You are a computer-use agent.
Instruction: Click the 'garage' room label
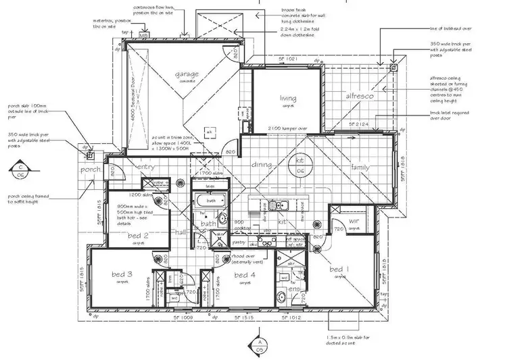[x=186, y=74]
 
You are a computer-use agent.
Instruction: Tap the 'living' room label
[x=289, y=99]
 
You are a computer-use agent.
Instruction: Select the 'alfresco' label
[x=360, y=97]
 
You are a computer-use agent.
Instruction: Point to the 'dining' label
[x=262, y=164]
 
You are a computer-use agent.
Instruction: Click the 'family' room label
[x=359, y=167]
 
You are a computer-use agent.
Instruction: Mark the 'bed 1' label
[x=337, y=269]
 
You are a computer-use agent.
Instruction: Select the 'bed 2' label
[x=138, y=236]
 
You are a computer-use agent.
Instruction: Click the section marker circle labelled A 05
[x=260, y=345]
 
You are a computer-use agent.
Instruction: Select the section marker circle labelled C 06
[x=22, y=170]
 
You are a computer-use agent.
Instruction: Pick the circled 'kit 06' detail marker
[x=300, y=166]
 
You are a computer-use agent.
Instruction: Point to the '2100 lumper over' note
[x=287, y=128]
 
